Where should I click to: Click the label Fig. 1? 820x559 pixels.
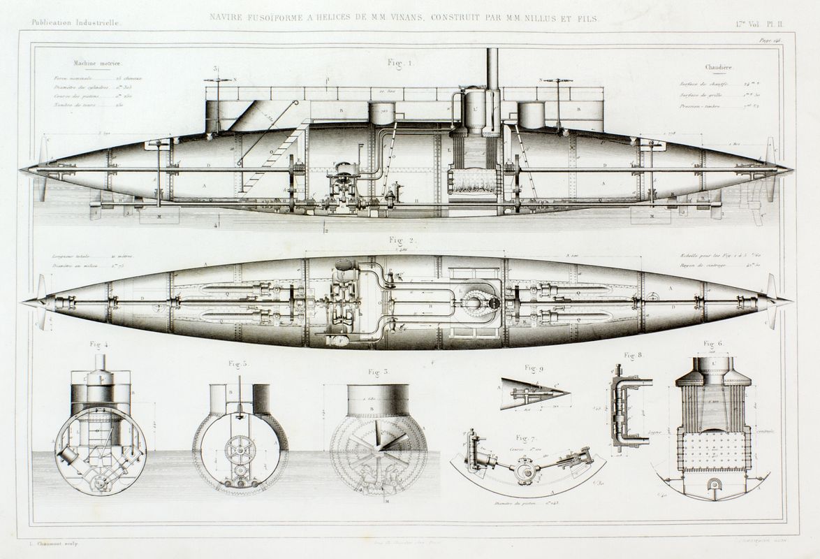click(x=401, y=63)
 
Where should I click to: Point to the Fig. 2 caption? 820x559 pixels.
click(x=402, y=240)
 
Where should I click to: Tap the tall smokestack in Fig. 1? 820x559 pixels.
click(x=492, y=68)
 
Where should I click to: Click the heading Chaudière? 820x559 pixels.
click(x=717, y=68)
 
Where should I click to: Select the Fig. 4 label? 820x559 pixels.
click(x=98, y=345)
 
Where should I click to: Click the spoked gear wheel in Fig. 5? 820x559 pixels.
click(x=240, y=449)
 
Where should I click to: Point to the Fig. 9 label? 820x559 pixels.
click(x=534, y=368)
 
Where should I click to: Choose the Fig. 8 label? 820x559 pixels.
click(x=634, y=355)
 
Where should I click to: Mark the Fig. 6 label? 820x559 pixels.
click(x=712, y=344)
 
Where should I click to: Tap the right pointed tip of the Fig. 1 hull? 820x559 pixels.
click(x=791, y=169)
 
